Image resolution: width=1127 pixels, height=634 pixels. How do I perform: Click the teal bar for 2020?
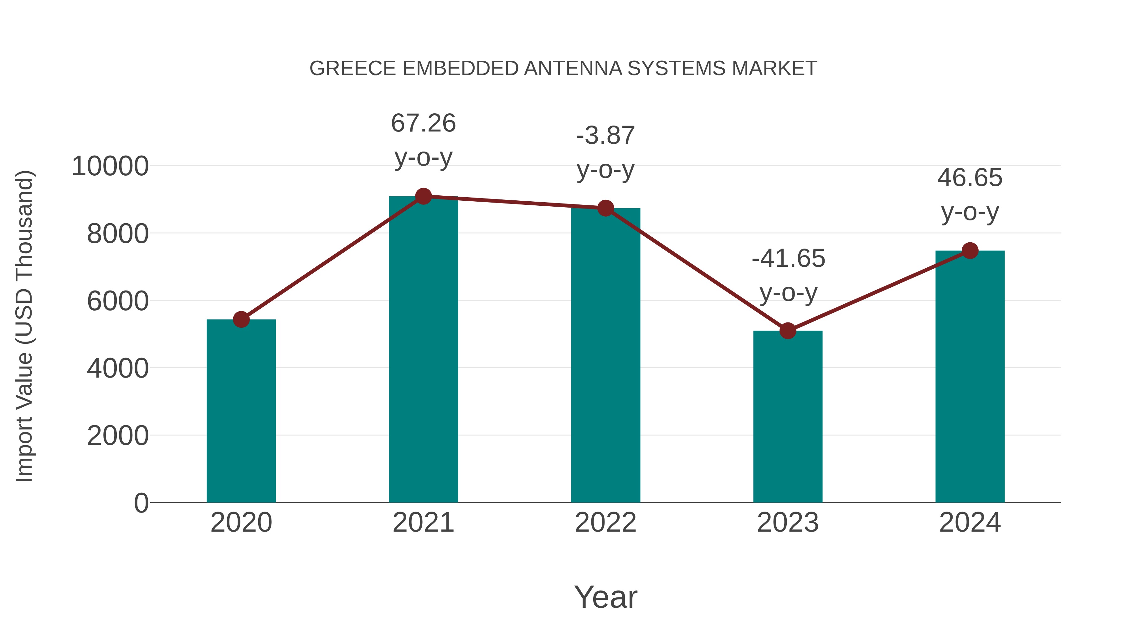(x=241, y=411)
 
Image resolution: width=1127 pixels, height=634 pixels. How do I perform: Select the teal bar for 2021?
(x=423, y=350)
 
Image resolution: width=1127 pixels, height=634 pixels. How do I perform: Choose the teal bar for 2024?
(x=970, y=376)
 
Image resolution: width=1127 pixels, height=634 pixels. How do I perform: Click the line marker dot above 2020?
(x=241, y=319)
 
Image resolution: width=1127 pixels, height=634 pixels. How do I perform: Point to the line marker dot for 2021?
(x=423, y=196)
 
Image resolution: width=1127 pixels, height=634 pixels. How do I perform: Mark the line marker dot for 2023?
(x=788, y=331)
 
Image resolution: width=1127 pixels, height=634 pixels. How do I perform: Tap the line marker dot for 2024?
(x=970, y=251)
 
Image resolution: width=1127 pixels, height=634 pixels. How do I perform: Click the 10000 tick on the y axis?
(x=110, y=167)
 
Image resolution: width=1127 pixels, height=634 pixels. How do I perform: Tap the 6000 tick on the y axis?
(x=118, y=302)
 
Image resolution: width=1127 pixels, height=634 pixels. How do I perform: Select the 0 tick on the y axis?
(x=141, y=503)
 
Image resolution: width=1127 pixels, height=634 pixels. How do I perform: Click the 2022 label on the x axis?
(x=605, y=523)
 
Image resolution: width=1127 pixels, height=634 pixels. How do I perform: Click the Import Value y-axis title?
(x=24, y=326)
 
